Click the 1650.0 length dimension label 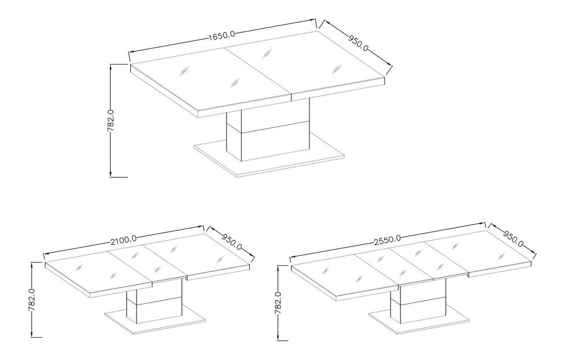pyautogui.click(x=221, y=35)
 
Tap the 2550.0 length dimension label pyautogui.click(x=387, y=240)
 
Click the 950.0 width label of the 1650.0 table pyautogui.click(x=358, y=42)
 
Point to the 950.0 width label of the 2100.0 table pyautogui.click(x=232, y=242)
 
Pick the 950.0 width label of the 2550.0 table pyautogui.click(x=513, y=238)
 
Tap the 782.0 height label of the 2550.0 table pyautogui.click(x=278, y=304)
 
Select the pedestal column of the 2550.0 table pyautogui.click(x=419, y=302)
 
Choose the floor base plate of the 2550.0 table pyautogui.click(x=419, y=319)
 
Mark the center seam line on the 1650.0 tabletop pyautogui.click(x=258, y=72)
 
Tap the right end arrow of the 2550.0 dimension pyautogui.click(x=483, y=224)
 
